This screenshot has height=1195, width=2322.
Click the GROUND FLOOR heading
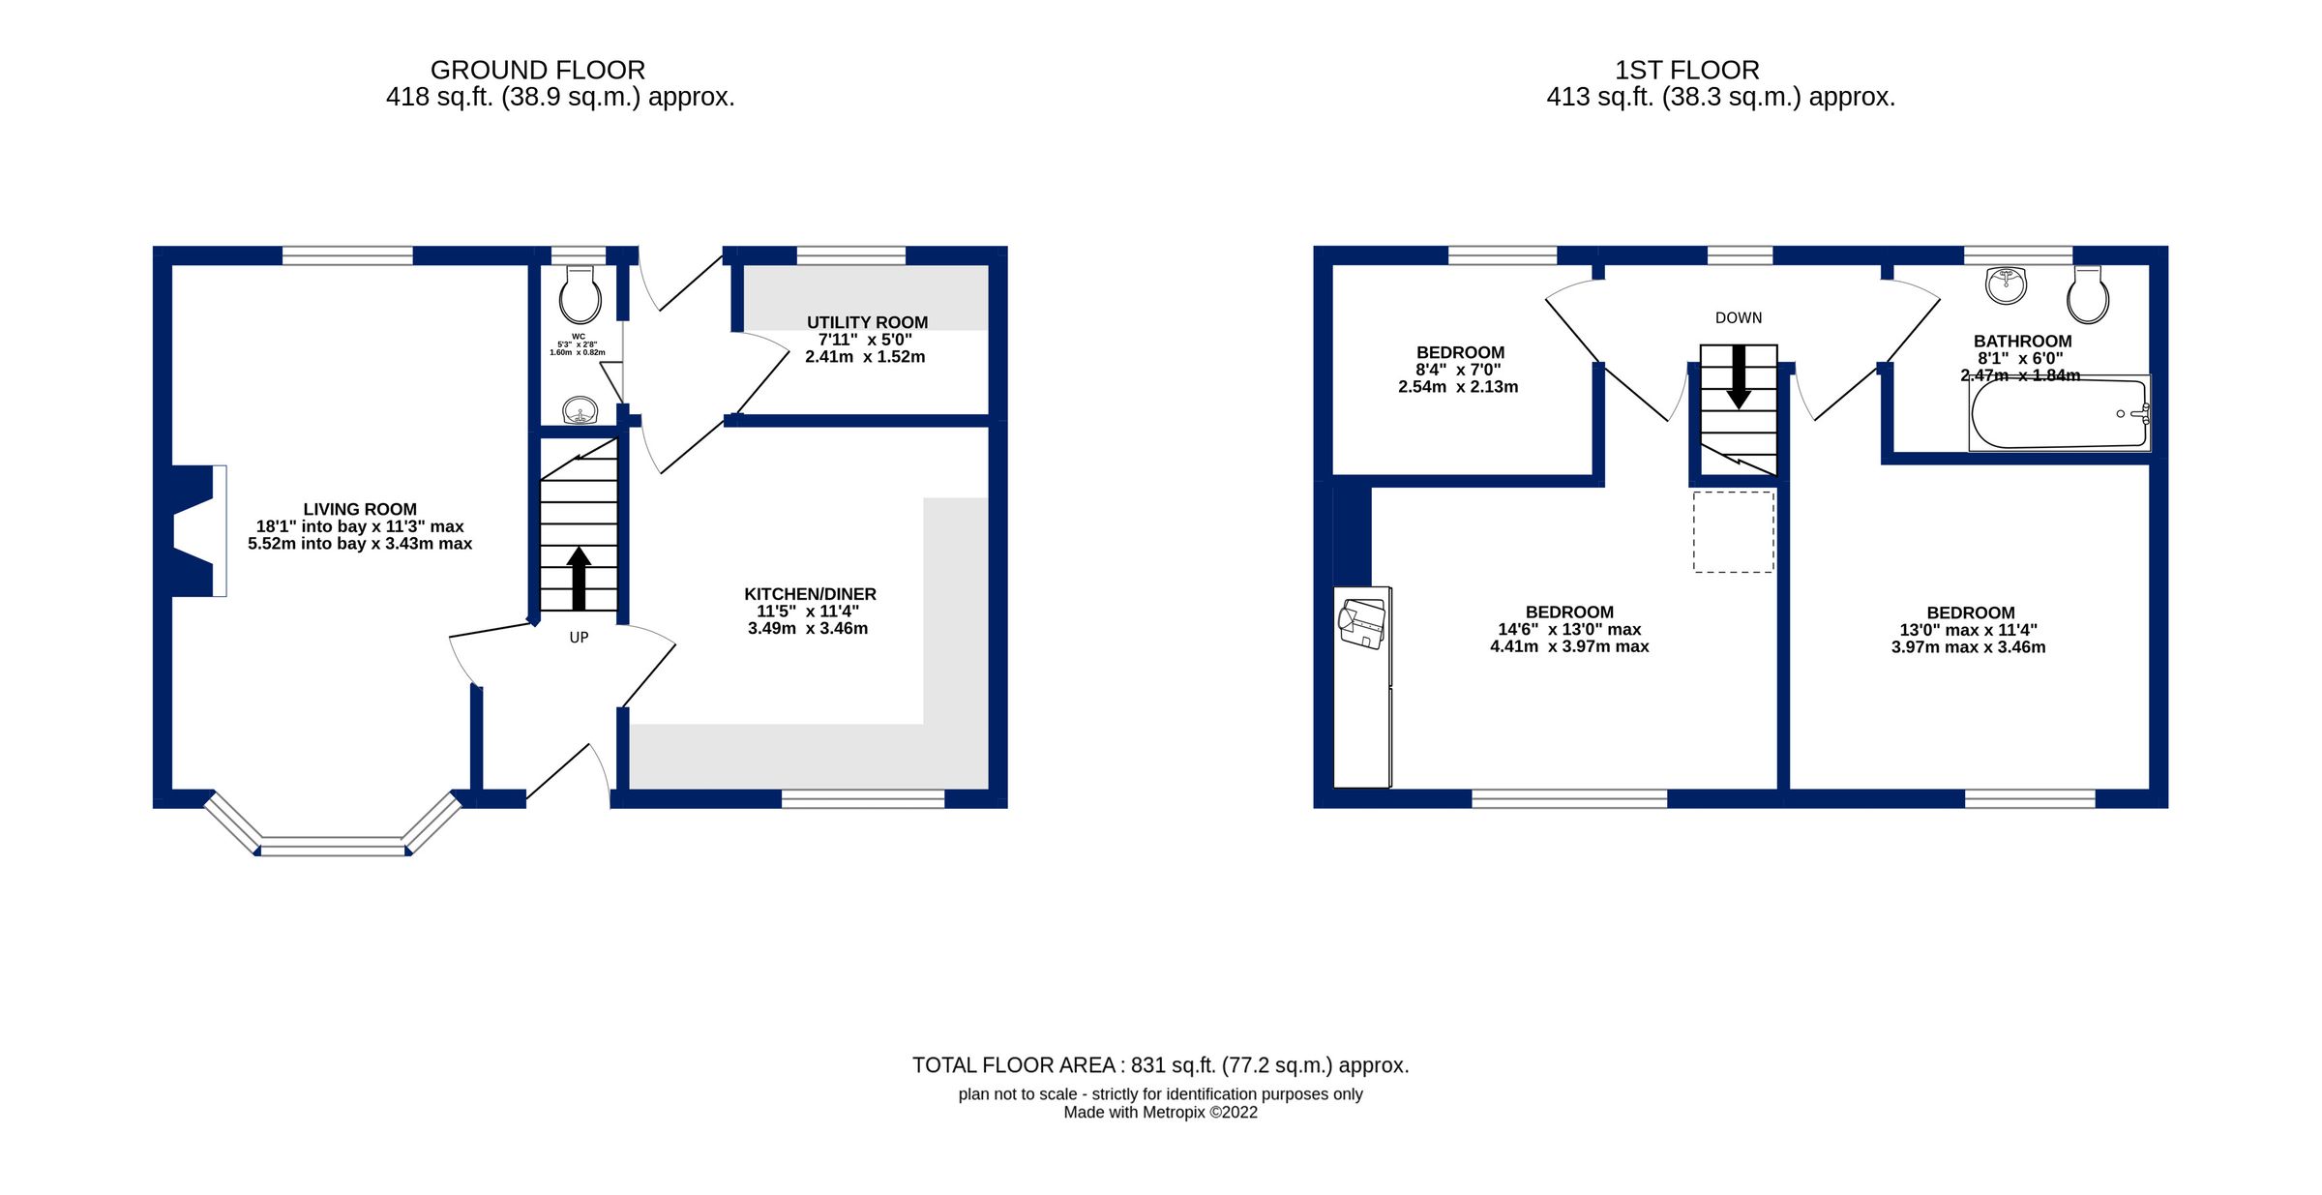tap(537, 71)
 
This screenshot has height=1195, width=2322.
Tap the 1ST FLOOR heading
tap(1686, 71)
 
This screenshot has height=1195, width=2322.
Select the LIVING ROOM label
tap(360, 510)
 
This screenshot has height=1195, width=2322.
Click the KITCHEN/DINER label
tap(810, 594)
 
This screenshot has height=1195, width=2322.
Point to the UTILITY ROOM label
tap(867, 323)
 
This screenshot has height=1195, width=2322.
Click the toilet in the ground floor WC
tap(580, 294)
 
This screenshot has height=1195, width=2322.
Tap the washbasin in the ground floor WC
tap(580, 411)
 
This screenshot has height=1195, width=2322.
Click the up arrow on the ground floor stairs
tap(579, 578)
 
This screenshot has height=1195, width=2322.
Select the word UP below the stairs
tap(579, 638)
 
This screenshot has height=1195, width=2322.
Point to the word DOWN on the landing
tap(1739, 318)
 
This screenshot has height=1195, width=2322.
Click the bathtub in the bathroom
tap(2059, 414)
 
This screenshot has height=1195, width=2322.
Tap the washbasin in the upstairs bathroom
tap(2006, 285)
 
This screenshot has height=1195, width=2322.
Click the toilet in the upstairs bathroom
tap(2088, 295)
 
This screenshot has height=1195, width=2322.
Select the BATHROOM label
tap(2022, 342)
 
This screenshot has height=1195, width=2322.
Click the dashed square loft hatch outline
tap(1733, 532)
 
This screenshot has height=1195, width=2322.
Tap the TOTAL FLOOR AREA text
tap(1160, 1065)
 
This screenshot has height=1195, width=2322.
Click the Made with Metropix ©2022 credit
tap(1160, 1113)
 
